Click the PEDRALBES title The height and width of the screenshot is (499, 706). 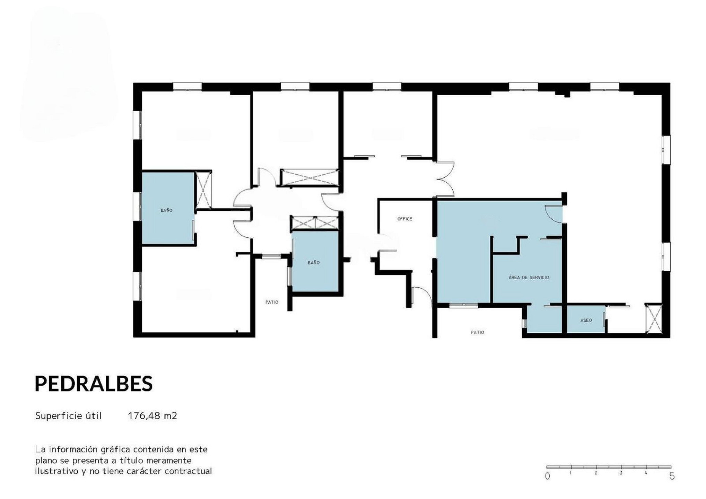click(94, 384)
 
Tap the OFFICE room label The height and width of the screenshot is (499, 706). click(404, 219)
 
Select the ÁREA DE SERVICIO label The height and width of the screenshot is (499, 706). click(529, 277)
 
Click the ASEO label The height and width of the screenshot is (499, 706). click(586, 321)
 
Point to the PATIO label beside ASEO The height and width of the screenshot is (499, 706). click(477, 332)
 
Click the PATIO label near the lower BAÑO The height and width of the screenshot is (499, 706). click(272, 302)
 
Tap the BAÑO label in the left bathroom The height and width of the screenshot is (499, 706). click(166, 210)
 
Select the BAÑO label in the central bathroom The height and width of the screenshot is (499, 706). click(313, 263)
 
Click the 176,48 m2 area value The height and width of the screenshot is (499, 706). click(152, 415)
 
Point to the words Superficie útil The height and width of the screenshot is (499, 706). click(68, 416)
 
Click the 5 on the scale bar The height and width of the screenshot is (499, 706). click(672, 476)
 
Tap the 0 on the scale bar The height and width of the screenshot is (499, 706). click(547, 476)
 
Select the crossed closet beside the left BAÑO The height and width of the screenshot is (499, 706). click(203, 190)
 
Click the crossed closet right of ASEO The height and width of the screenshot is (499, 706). click(654, 318)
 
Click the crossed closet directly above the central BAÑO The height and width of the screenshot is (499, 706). click(315, 223)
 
